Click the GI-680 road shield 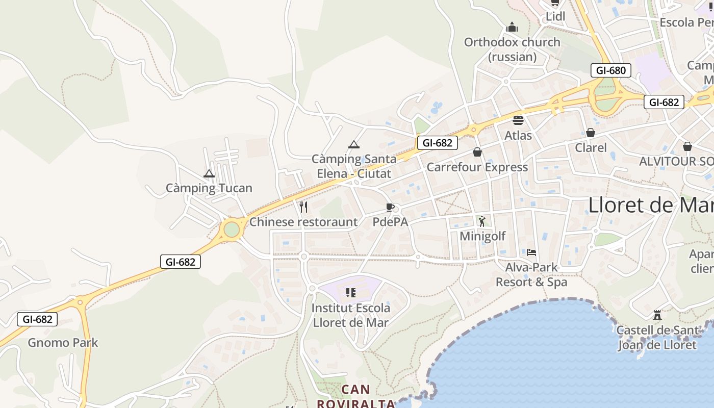click(x=610, y=70)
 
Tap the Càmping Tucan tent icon click(x=209, y=174)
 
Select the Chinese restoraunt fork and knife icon click(x=303, y=207)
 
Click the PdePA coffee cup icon click(x=390, y=207)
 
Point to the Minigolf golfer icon click(x=482, y=221)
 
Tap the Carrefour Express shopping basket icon click(x=477, y=152)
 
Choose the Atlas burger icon click(x=518, y=120)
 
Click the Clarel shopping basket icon click(x=591, y=133)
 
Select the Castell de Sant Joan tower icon click(x=657, y=315)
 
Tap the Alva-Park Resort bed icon click(x=531, y=252)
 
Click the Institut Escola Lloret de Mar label click(x=351, y=315)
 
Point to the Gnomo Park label click(x=63, y=343)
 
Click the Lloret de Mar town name click(x=651, y=205)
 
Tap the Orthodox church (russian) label click(x=512, y=49)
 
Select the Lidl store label click(x=555, y=16)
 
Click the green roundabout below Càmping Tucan click(x=232, y=229)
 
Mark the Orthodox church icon click(x=512, y=27)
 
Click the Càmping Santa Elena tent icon click(x=354, y=145)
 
